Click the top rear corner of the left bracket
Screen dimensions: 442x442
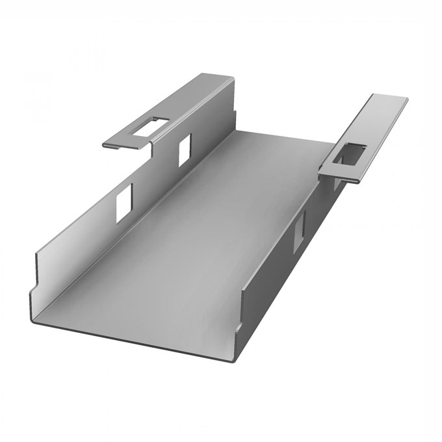point(229,76)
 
